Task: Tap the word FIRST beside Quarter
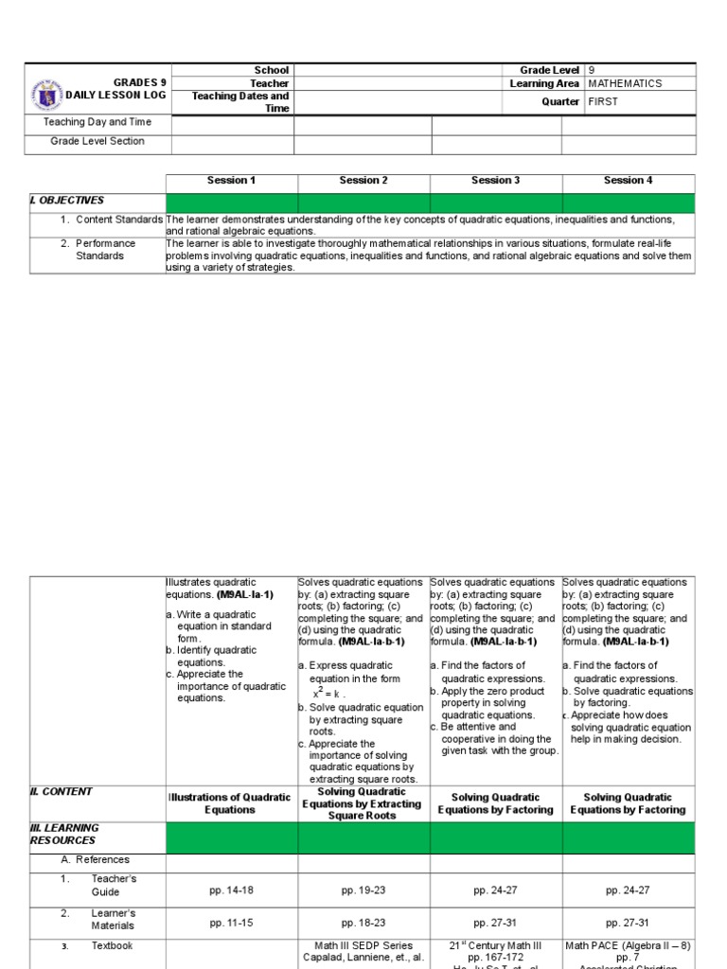(x=603, y=102)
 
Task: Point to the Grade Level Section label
(x=98, y=141)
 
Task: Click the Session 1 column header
(x=231, y=181)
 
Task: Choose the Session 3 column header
(x=496, y=181)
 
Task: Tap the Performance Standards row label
(x=105, y=250)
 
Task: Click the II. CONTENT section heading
(x=62, y=792)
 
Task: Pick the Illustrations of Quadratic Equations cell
(x=231, y=803)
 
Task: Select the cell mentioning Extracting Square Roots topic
(x=363, y=803)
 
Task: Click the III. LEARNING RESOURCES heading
(x=64, y=834)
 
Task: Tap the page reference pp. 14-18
(x=231, y=890)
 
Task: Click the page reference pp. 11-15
(x=231, y=923)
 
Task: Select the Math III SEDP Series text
(x=363, y=945)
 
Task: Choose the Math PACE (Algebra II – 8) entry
(x=629, y=945)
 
